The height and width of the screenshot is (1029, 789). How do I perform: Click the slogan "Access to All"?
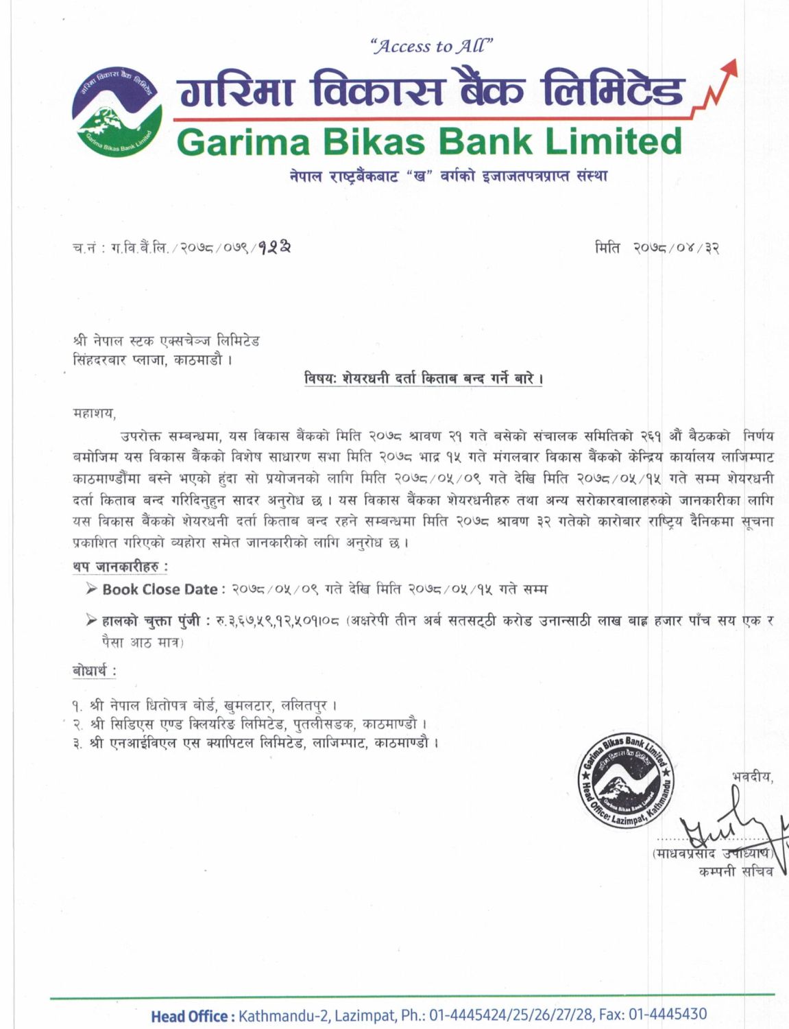431,47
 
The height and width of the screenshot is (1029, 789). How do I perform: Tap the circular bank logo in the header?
117,111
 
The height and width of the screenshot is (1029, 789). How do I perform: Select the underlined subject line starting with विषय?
424,379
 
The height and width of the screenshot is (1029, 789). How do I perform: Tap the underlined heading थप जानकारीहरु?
120,567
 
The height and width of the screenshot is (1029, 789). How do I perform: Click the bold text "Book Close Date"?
160,589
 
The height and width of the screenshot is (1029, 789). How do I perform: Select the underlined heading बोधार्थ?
94,670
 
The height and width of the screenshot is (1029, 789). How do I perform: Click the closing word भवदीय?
752,777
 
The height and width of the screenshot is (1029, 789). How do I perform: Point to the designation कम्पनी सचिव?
736,871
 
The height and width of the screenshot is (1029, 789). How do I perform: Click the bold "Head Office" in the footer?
190,1015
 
